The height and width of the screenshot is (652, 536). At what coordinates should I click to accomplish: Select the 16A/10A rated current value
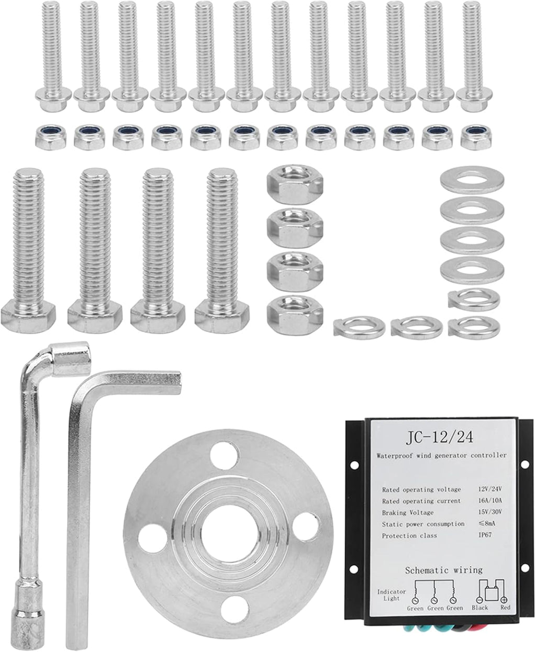point(490,500)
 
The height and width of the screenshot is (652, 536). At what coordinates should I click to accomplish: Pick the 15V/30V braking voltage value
point(490,512)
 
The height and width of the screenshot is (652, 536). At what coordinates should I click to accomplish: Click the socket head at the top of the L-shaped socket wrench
point(70,359)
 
